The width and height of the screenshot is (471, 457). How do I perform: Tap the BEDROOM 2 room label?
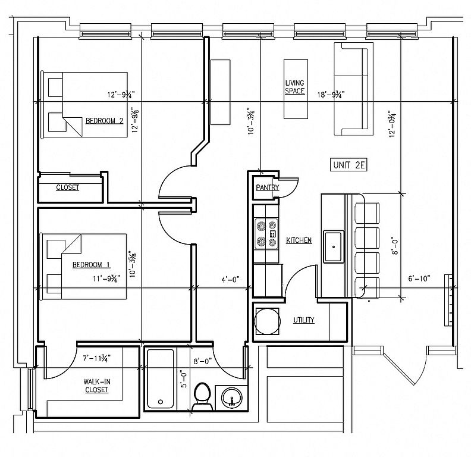pos(104,120)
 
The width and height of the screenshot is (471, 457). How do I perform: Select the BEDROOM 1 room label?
pos(92,264)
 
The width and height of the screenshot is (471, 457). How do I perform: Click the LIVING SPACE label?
pos(295,87)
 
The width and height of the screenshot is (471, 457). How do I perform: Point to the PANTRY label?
pos(268,187)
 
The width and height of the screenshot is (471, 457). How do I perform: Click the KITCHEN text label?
pos(299,240)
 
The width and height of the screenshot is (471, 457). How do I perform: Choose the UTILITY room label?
pos(303,320)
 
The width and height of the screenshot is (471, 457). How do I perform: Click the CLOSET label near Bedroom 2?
pos(67,187)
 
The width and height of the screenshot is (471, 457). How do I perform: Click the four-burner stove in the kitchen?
pos(266,234)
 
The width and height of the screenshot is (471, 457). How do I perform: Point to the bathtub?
pos(160,378)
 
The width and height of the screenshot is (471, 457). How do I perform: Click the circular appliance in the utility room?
pos(266,321)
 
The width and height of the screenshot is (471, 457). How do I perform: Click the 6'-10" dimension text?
pos(419,277)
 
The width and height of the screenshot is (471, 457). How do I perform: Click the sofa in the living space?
pos(348,89)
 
